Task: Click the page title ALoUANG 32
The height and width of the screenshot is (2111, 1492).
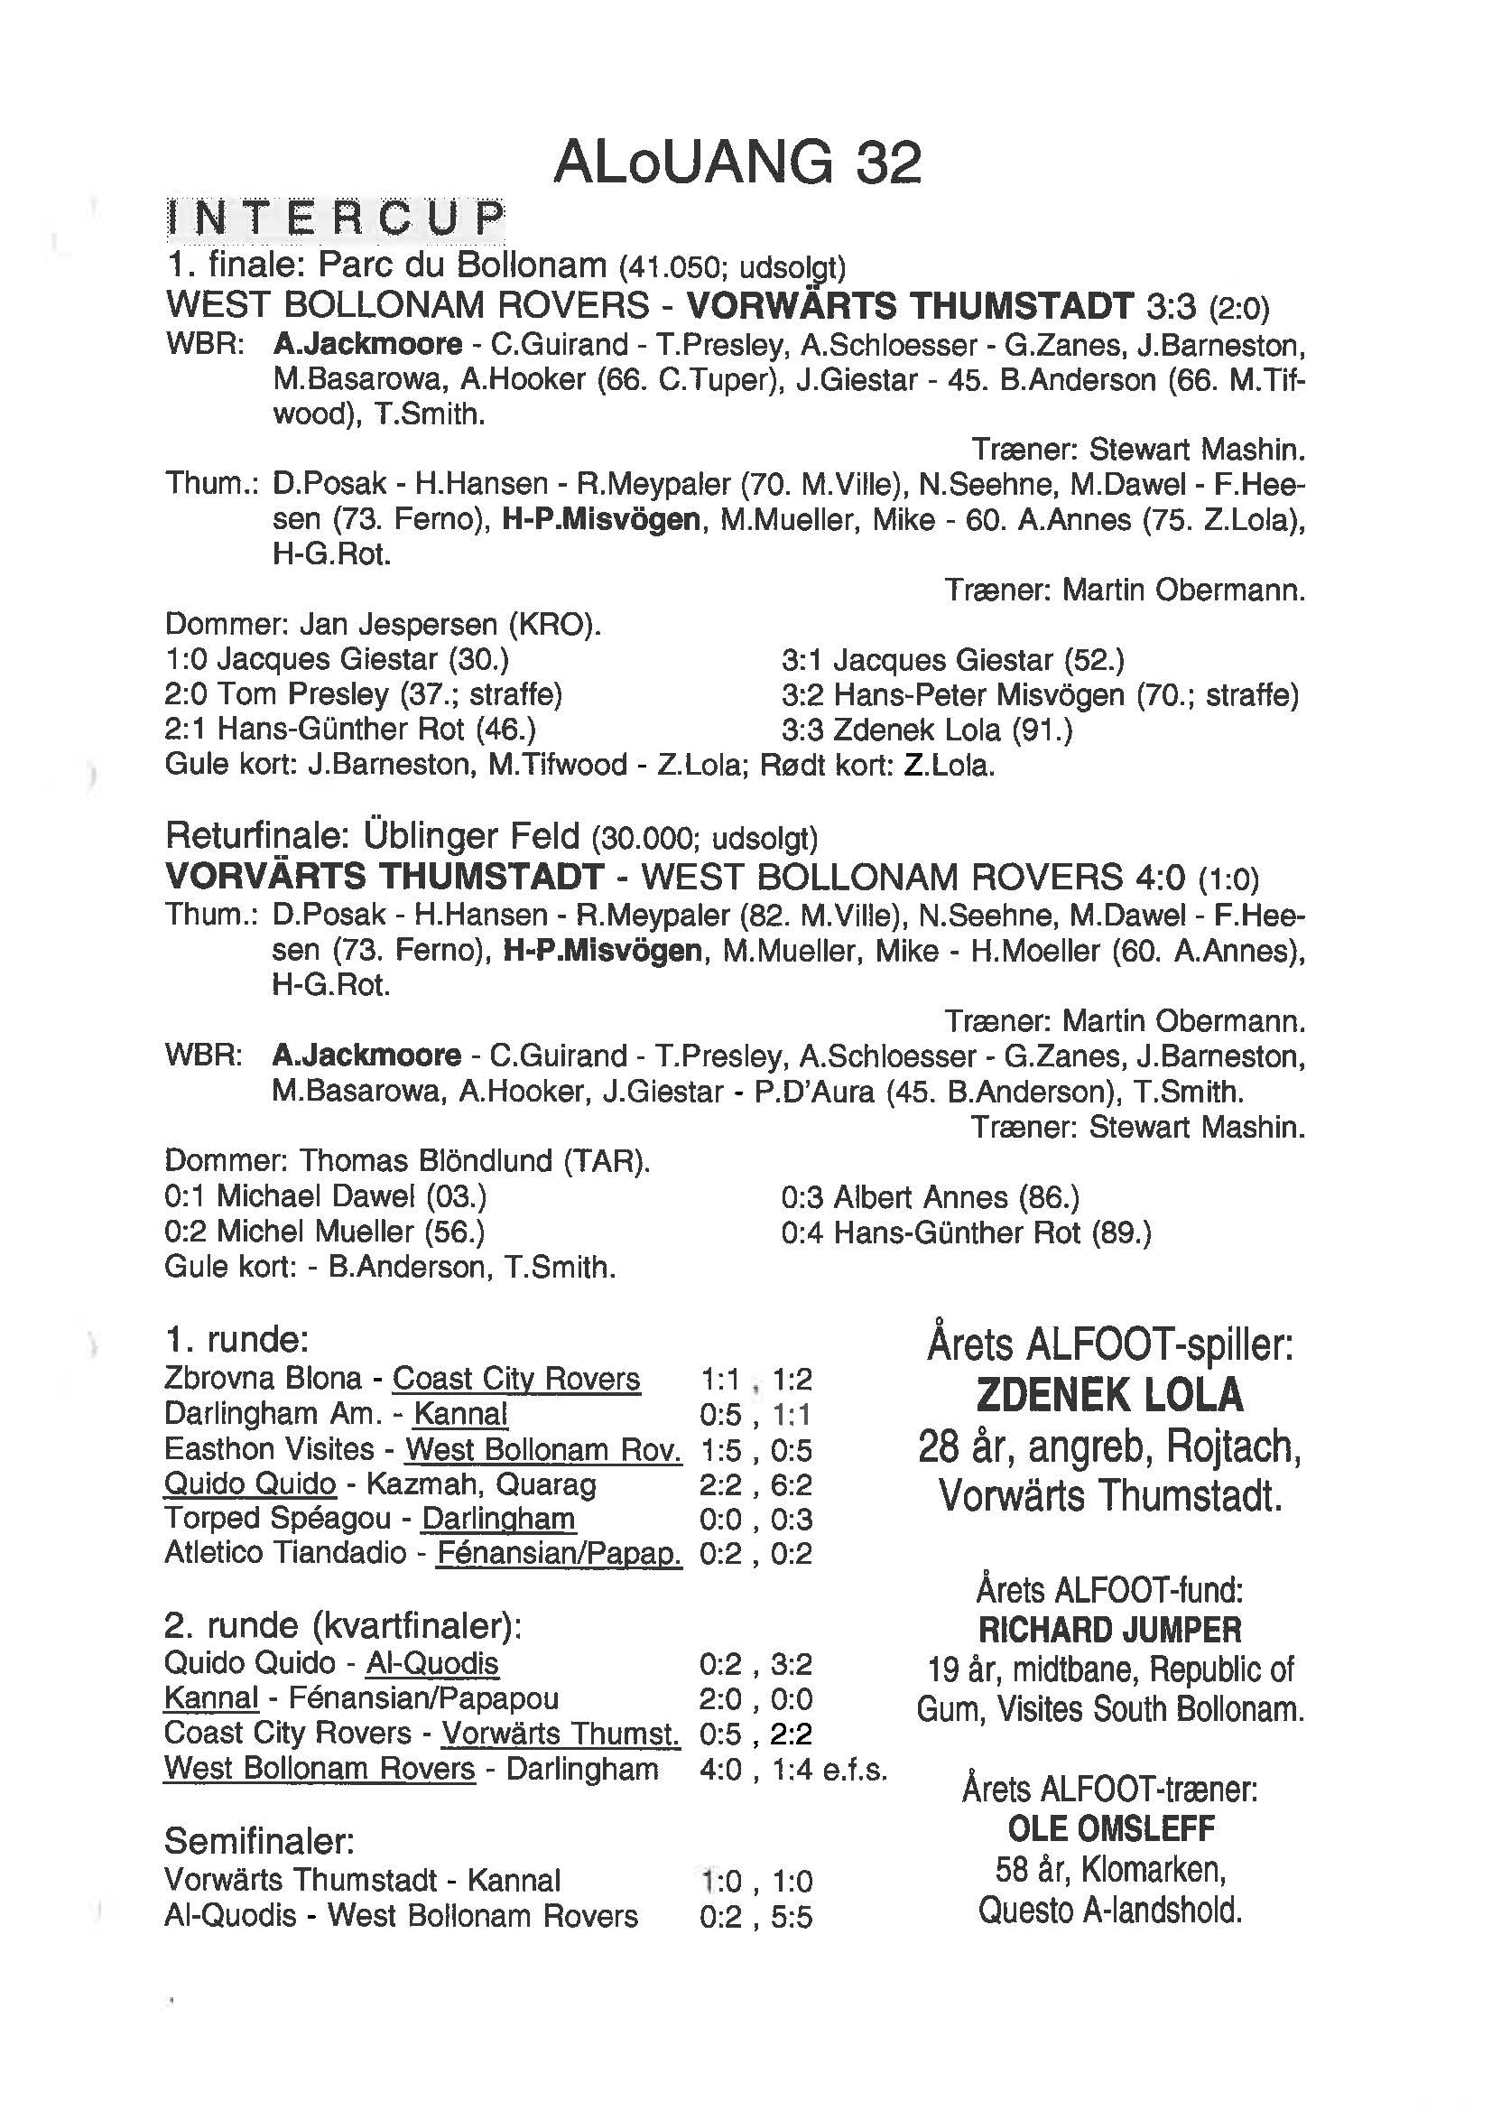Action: (737, 163)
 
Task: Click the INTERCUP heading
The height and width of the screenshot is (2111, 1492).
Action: (335, 218)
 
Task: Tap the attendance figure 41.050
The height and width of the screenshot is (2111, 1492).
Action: (656, 267)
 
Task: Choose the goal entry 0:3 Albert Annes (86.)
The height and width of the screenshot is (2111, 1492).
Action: (930, 1196)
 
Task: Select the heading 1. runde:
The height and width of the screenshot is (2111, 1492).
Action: (236, 1340)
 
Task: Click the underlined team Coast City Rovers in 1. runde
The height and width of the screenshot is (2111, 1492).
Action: (515, 1378)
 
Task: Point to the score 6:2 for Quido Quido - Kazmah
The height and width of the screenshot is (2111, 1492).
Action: (792, 1484)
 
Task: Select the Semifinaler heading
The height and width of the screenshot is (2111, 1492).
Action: (259, 1841)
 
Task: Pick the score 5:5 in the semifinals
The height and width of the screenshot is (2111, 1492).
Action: (792, 1917)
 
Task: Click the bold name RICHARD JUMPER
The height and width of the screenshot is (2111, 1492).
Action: (1109, 1630)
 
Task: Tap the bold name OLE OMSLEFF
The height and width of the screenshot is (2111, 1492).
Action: (1110, 1828)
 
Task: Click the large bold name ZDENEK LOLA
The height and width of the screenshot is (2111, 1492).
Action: (1109, 1395)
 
